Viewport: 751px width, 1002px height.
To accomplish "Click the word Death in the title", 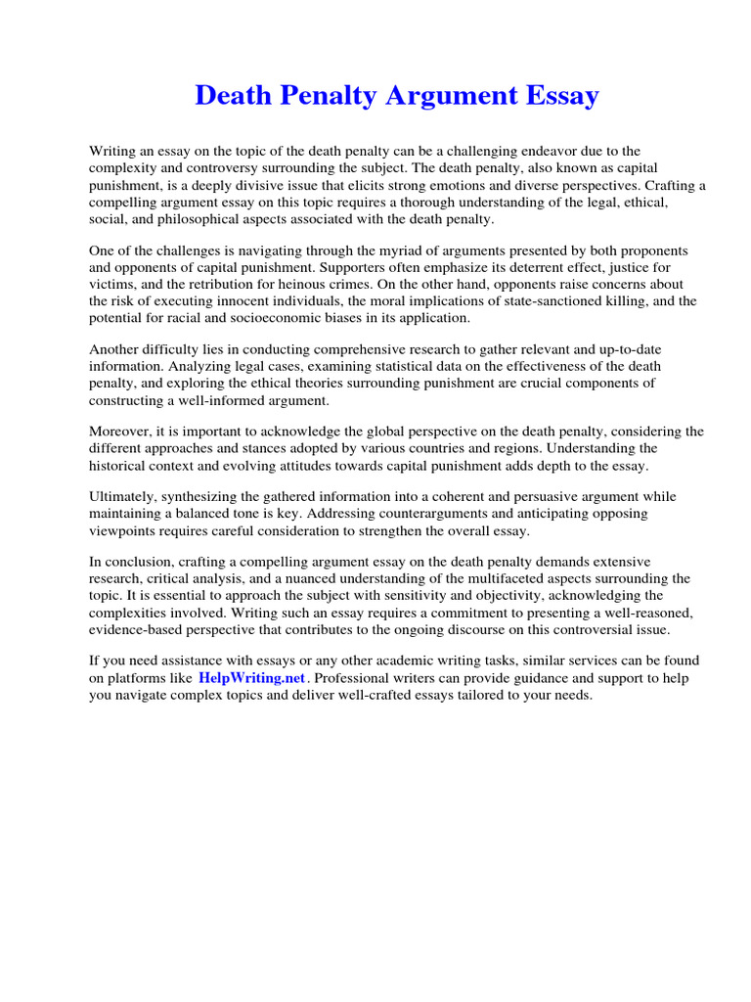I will point(231,96).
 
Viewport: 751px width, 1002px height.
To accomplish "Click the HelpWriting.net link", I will point(252,678).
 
